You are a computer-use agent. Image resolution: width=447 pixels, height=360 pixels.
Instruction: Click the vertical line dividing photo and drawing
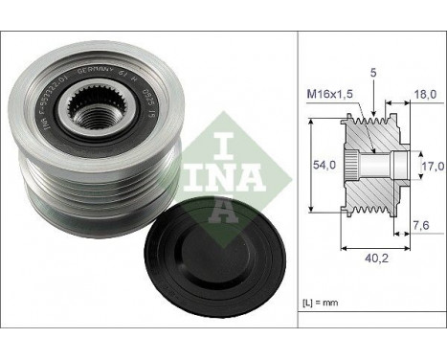[x=299, y=180]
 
